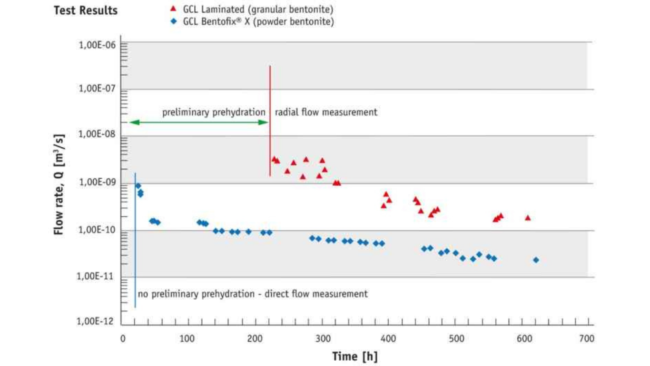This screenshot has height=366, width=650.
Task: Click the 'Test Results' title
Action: (86, 10)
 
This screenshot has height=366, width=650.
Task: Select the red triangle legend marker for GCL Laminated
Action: (173, 9)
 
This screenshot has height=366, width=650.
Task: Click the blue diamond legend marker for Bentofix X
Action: (173, 22)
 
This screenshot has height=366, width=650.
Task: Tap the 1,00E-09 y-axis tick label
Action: (97, 183)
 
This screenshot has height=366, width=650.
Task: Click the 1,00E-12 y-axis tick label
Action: (97, 322)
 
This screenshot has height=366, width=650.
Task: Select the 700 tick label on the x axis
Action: (587, 339)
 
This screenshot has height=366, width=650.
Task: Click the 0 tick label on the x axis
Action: (123, 339)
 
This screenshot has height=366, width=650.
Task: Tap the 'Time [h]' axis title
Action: (355, 356)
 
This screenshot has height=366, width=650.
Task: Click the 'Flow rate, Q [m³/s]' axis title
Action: (59, 184)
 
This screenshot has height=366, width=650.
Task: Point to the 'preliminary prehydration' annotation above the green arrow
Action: (214, 112)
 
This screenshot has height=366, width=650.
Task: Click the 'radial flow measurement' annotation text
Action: (326, 112)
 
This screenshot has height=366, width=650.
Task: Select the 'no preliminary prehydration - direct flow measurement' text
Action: (253, 294)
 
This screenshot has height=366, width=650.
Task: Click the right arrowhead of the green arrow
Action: (265, 122)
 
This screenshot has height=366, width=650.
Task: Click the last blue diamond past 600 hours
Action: (536, 260)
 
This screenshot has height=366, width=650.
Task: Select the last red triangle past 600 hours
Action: (528, 218)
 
